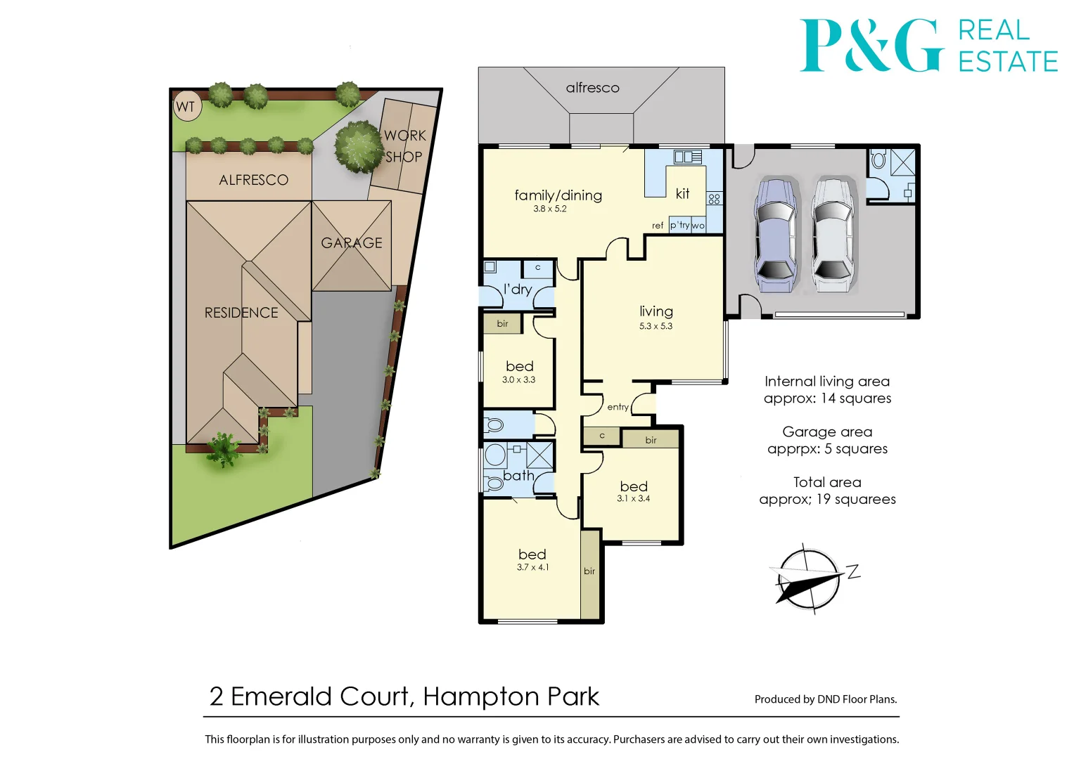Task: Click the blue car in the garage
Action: (x=775, y=235)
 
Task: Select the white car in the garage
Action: (x=831, y=235)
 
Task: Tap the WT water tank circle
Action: (x=186, y=107)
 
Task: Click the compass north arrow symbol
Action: (x=809, y=578)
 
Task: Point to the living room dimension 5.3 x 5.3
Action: (x=656, y=326)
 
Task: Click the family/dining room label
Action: (x=558, y=195)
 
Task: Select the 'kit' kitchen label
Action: (x=682, y=194)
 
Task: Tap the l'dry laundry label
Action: (x=518, y=289)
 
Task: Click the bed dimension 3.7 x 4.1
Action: (x=532, y=567)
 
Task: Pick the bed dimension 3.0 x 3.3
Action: (x=518, y=379)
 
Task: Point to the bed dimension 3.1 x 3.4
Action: (x=633, y=498)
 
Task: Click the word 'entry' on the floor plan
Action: (x=618, y=407)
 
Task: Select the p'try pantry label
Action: (x=679, y=225)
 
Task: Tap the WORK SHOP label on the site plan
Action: (x=404, y=145)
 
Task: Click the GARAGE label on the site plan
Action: (x=352, y=243)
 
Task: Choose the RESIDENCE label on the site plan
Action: (x=241, y=313)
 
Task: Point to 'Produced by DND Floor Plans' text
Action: (x=825, y=699)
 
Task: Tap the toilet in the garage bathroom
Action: (x=878, y=160)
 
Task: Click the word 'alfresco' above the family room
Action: (x=592, y=88)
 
